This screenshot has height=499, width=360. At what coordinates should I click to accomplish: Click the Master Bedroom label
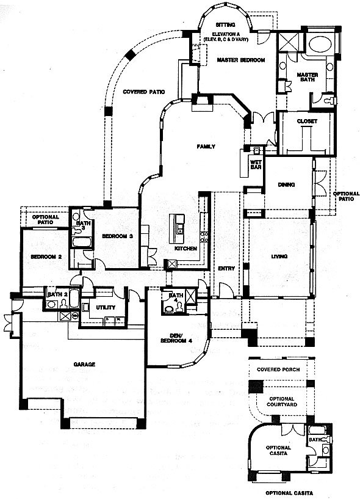click(241, 60)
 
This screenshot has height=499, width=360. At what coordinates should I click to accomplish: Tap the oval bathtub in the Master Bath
click(320, 45)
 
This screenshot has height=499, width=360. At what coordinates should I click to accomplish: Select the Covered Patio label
click(144, 92)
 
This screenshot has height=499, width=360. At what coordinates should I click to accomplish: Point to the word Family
click(206, 147)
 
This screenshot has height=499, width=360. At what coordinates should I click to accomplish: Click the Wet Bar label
click(256, 164)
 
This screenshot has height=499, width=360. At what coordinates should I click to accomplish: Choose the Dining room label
click(286, 184)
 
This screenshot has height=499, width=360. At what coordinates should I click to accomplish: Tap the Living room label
click(279, 256)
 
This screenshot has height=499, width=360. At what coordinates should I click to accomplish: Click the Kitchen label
click(185, 248)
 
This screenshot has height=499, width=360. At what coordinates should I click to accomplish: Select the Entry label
click(226, 269)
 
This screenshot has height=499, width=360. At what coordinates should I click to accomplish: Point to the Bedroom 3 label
click(117, 236)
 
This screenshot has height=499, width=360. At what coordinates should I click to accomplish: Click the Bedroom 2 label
click(46, 257)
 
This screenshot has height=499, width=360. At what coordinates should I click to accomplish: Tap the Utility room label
click(106, 307)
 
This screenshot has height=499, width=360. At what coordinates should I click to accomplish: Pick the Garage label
click(84, 364)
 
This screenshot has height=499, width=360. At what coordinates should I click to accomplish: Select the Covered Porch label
click(278, 370)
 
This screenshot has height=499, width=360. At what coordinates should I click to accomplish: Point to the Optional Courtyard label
click(282, 402)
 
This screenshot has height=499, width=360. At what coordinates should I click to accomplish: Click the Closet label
click(307, 122)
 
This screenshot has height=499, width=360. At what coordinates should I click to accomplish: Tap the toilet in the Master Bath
click(329, 101)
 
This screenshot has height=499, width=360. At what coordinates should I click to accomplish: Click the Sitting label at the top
click(225, 24)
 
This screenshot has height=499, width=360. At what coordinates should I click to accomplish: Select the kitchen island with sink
click(176, 228)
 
